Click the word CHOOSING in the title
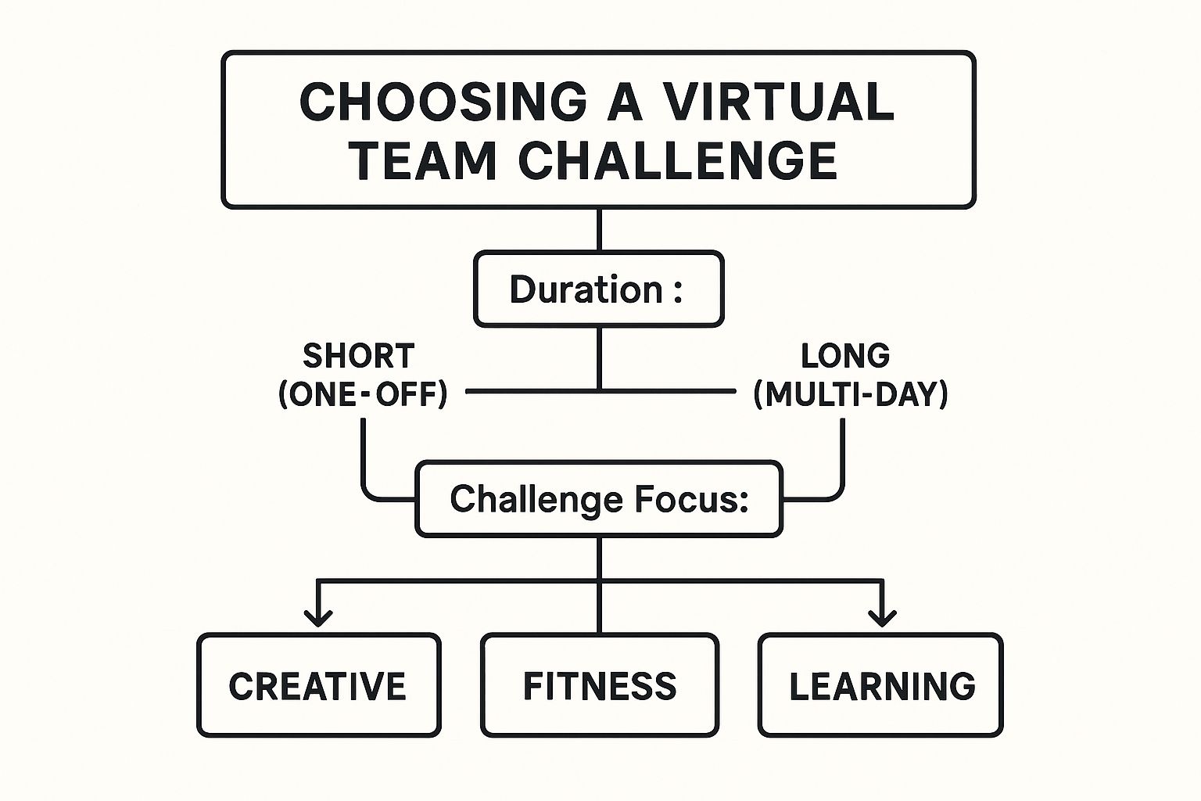point(443,102)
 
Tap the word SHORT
point(359,356)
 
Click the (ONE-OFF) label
point(363,395)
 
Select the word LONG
point(845,356)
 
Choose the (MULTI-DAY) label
point(851,395)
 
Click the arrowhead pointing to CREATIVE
point(318,619)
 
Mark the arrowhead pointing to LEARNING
point(882,619)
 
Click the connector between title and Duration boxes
point(599,230)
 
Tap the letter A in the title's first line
point(626,102)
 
